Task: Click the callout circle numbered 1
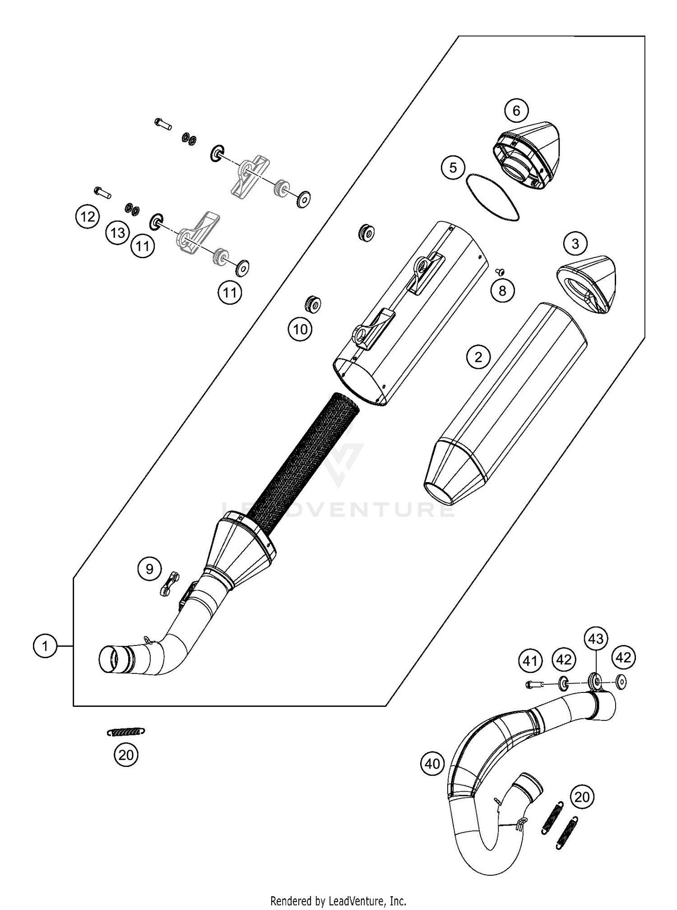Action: tap(45, 646)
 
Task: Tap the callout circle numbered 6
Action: tap(516, 111)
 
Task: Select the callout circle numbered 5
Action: tap(453, 167)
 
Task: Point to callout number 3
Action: tap(575, 244)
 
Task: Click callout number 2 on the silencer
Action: tap(478, 357)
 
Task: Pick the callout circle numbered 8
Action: tap(502, 291)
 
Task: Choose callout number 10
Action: tap(300, 330)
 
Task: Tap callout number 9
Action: tap(149, 569)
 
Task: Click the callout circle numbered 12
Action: tap(87, 217)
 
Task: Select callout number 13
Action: tap(118, 233)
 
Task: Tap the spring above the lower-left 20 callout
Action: tap(126, 732)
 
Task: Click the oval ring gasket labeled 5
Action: tap(492, 197)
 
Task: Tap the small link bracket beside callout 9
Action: tap(169, 584)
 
